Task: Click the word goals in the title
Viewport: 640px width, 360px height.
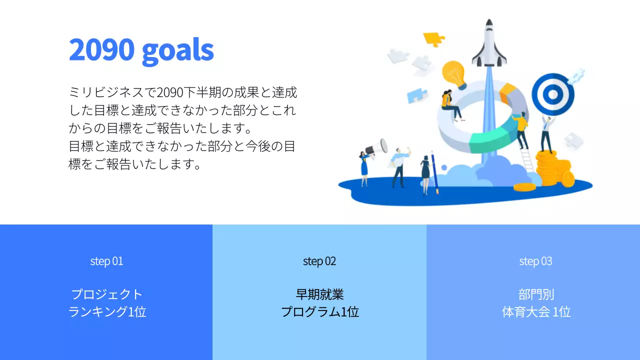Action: (177, 50)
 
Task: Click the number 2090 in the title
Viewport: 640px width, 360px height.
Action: (102, 49)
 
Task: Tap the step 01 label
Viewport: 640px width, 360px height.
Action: (106, 261)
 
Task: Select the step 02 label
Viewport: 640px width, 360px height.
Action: (319, 261)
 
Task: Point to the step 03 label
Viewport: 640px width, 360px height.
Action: (535, 261)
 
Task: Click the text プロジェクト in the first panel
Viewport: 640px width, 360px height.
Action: (107, 294)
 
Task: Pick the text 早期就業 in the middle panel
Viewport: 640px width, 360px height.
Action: (319, 294)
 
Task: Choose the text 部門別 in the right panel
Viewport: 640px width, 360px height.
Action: (536, 294)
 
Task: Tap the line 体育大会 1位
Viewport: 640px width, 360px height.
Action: (536, 312)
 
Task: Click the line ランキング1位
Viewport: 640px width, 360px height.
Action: (107, 312)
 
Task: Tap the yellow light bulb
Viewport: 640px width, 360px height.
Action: (454, 74)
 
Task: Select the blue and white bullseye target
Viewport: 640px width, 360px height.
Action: (552, 93)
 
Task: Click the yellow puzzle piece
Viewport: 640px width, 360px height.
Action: (433, 38)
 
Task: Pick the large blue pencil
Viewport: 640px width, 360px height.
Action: (434, 172)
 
